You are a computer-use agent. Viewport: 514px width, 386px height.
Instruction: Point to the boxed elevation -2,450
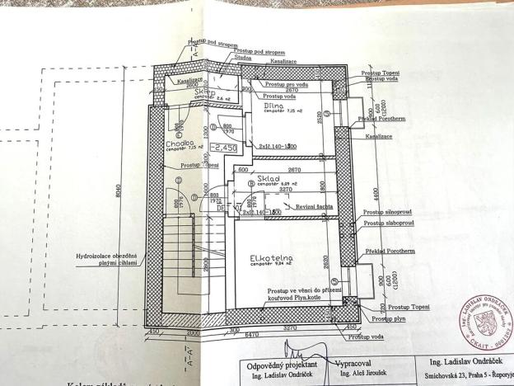tap(224, 147)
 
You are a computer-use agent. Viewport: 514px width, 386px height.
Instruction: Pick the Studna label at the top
tap(243, 58)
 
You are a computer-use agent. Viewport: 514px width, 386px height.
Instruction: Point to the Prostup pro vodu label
tap(288, 84)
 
